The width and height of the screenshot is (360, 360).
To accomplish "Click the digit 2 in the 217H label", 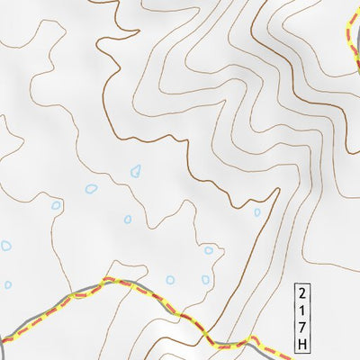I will (301, 293).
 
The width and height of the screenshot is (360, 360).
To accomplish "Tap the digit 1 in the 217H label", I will (301, 310).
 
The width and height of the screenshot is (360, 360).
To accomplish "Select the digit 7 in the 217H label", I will (301, 328).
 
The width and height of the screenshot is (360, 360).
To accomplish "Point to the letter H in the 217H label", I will (301, 345).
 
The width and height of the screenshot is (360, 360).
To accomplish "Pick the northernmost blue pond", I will (136, 169).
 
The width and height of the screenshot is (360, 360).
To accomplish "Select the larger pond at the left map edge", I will (5, 245).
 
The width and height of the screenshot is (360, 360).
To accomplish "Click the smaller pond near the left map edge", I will (7, 284).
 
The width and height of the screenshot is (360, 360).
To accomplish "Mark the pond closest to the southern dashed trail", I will (170, 280).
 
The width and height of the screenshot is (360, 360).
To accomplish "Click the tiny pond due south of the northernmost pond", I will (128, 219).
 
